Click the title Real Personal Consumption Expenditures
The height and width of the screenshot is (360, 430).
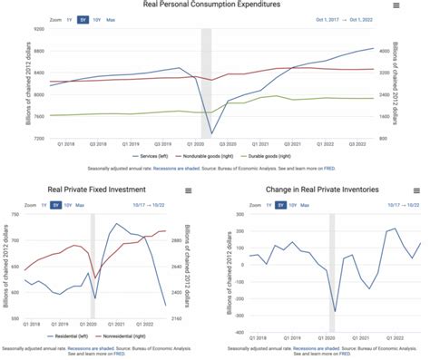[214, 5]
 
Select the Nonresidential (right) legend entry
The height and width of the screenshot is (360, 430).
[136, 335]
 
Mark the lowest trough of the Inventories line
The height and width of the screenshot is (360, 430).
[335, 311]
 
